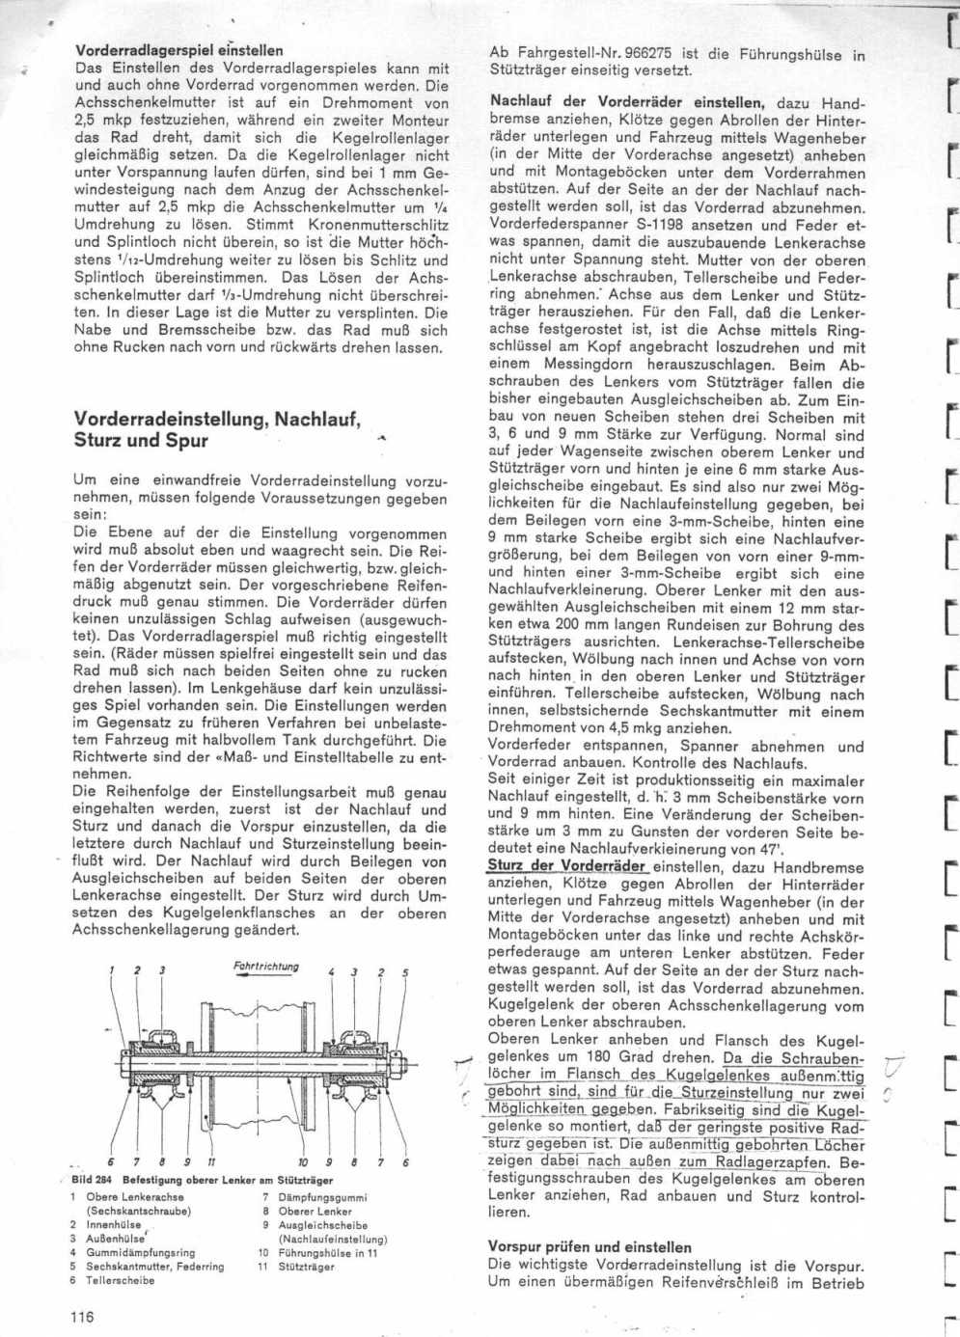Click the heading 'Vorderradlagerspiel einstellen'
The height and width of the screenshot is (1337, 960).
point(178,50)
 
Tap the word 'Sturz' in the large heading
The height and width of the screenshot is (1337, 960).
point(101,441)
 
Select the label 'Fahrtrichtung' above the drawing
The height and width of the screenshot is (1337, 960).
point(265,967)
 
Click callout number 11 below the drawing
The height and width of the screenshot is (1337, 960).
point(210,1161)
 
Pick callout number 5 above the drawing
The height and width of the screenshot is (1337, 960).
point(405,971)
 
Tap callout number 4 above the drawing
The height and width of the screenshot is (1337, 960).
point(331,971)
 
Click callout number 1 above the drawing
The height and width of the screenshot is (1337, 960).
point(111,970)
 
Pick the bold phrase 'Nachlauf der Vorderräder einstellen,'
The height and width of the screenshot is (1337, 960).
point(627,101)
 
